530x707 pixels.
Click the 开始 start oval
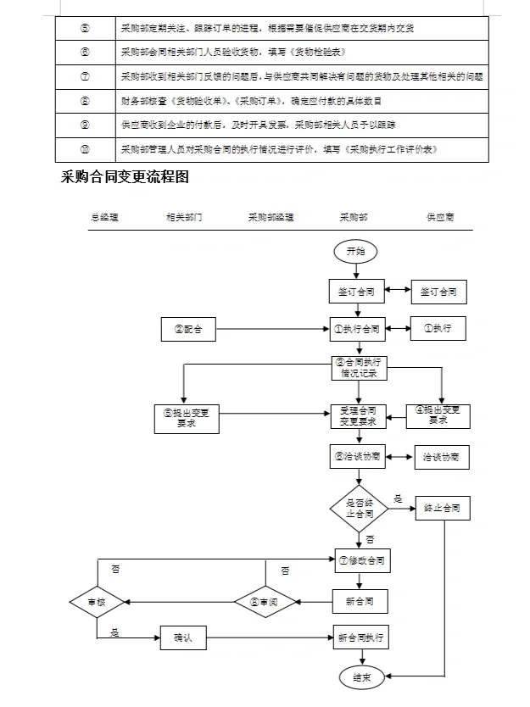pyautogui.click(x=356, y=252)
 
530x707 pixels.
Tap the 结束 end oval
pyautogui.click(x=360, y=676)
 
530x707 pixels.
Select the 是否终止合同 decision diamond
pyautogui.click(x=359, y=509)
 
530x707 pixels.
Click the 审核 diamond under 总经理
pyautogui.click(x=97, y=602)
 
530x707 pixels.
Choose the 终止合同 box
pyautogui.click(x=442, y=509)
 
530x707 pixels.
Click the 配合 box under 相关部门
pyautogui.click(x=188, y=329)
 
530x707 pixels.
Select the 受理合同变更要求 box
pyautogui.click(x=359, y=415)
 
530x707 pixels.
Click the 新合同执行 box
pyautogui.click(x=360, y=637)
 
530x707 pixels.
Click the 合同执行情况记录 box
pyautogui.click(x=359, y=366)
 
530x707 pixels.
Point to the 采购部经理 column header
pyautogui.click(x=271, y=217)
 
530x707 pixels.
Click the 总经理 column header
pyautogui.click(x=104, y=217)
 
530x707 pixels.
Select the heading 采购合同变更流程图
pyautogui.click(x=125, y=177)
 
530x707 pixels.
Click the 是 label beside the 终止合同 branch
pyautogui.click(x=398, y=498)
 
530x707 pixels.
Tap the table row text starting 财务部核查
pyautogui.click(x=250, y=101)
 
